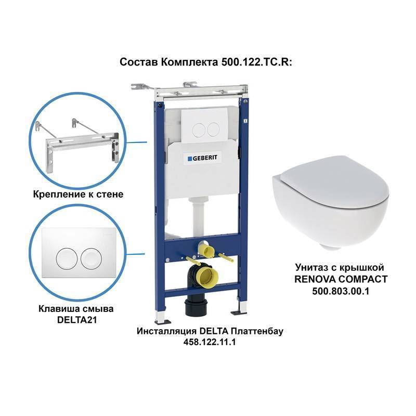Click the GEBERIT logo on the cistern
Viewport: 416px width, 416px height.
point(202,158)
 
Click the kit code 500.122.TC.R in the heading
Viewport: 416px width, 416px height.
point(256,62)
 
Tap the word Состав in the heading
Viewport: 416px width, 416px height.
point(139,62)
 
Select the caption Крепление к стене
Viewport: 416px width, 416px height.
point(79,194)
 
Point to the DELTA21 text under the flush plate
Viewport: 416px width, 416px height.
point(77,320)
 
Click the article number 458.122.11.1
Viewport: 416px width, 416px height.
point(210,342)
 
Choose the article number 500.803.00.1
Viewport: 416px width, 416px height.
point(341,291)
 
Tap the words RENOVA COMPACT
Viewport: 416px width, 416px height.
point(341,279)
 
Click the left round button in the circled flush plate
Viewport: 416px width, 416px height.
point(67,258)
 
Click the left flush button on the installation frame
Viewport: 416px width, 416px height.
point(199,130)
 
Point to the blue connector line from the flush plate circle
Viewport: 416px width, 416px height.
point(135,254)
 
